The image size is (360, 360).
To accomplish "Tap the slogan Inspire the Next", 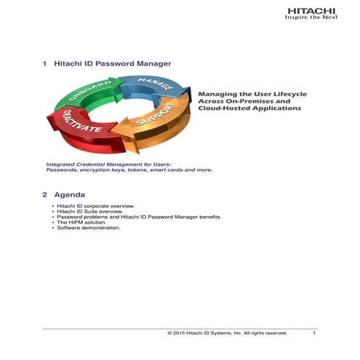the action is click(311, 19).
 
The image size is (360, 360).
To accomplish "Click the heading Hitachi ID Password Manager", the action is click(113, 64).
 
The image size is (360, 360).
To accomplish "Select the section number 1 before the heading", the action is click(45, 64).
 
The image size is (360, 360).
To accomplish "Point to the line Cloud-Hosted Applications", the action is click(249, 108).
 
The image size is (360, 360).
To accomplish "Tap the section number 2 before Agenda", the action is click(45, 195).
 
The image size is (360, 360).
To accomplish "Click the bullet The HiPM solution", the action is click(81, 223).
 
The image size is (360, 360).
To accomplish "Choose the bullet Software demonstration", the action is click(88, 228).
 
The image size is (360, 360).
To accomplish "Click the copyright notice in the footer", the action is click(227, 333).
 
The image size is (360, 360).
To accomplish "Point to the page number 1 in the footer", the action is click(313, 333).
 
